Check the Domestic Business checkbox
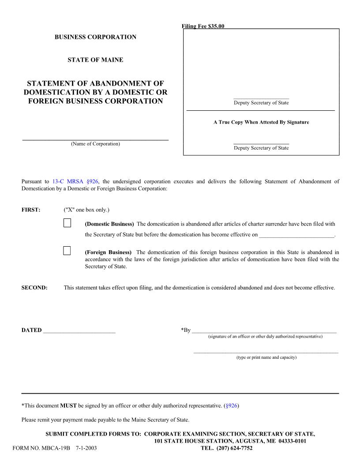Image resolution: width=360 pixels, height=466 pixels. tap(67, 222)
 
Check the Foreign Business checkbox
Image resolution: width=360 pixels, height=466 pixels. tap(67, 251)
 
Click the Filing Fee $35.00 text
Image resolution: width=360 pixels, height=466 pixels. tap(203, 26)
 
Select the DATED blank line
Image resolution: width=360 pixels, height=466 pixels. tap(79, 331)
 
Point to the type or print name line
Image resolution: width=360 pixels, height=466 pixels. tap(266, 352)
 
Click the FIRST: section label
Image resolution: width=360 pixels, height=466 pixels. tap(31, 210)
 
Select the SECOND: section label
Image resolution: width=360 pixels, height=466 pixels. tap(34, 288)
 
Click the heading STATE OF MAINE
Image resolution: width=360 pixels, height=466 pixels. tap(95, 60)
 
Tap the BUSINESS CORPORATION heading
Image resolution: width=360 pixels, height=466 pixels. tap(95, 37)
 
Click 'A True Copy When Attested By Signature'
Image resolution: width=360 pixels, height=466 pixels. tap(261, 122)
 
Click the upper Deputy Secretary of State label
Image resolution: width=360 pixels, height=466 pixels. tap(261, 103)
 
